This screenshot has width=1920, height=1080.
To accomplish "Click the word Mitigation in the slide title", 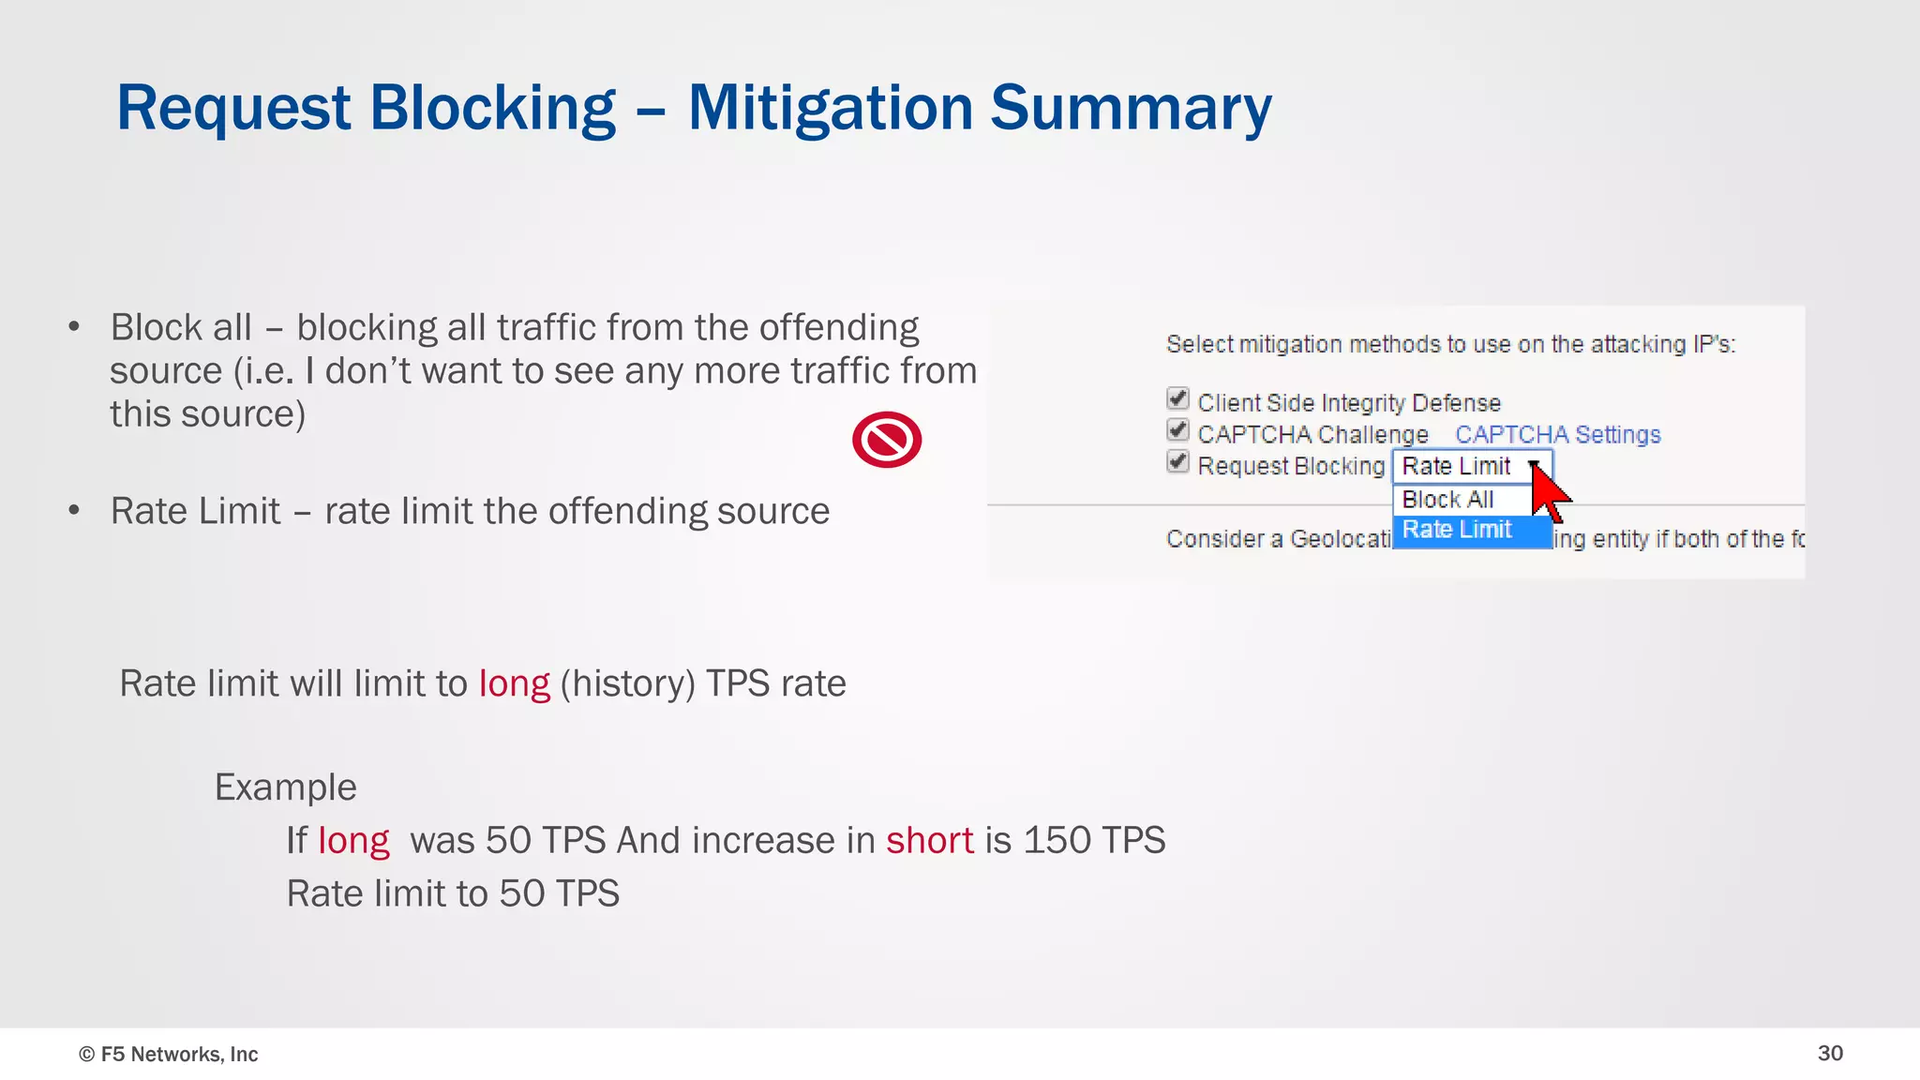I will (831, 109).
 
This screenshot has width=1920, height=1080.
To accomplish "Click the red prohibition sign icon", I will (887, 440).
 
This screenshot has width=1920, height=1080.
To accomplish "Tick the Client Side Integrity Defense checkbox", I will (1177, 399).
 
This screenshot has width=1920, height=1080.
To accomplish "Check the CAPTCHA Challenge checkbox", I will (1177, 431).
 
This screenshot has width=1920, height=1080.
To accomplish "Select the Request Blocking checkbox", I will (1177, 462).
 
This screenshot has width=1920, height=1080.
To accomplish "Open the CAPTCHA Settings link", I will (1557, 435).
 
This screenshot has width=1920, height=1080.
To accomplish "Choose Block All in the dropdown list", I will (1447, 500).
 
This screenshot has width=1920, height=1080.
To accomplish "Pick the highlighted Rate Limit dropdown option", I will (1457, 530).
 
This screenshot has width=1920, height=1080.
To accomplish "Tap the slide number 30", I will (1830, 1053).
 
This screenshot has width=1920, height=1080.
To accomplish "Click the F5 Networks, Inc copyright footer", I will (169, 1054).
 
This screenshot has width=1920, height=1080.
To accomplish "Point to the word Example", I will (285, 787).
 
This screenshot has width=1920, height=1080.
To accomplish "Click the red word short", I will (929, 840).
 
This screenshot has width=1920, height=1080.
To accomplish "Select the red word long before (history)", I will (514, 684).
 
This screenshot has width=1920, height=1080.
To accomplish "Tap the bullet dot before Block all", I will (74, 327).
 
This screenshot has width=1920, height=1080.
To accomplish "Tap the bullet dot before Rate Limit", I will (74, 511).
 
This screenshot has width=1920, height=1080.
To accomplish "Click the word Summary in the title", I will (1131, 109).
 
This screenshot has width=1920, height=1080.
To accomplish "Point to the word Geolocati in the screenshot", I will (1340, 539).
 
